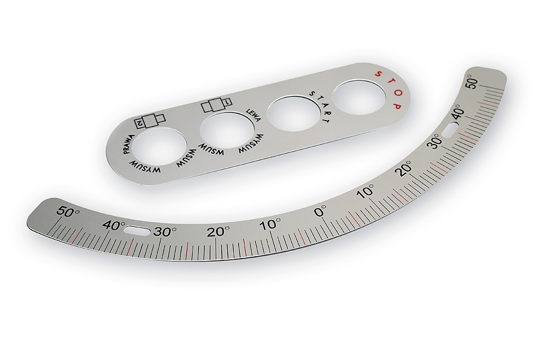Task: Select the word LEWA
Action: [254, 116]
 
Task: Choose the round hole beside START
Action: [294, 115]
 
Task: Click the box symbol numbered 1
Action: [216, 105]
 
